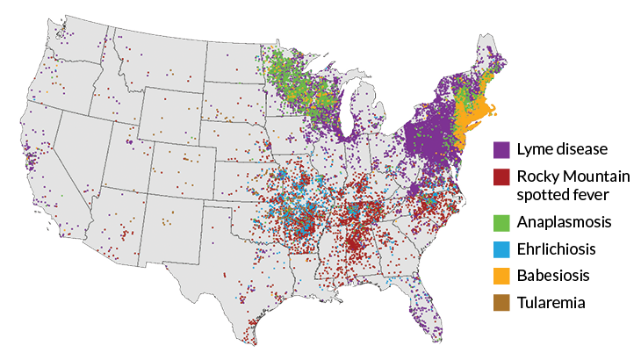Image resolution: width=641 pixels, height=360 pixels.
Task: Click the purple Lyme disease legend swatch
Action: pos(501,150)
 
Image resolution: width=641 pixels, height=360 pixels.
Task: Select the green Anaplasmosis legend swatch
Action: pos(501,220)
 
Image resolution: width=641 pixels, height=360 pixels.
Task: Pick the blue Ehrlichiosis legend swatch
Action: pos(501,248)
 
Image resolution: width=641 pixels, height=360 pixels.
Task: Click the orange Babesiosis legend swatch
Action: pos(501,276)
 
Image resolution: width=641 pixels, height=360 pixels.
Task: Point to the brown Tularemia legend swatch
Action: pos(501,304)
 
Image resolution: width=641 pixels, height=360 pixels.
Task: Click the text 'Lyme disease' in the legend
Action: pos(562,149)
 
